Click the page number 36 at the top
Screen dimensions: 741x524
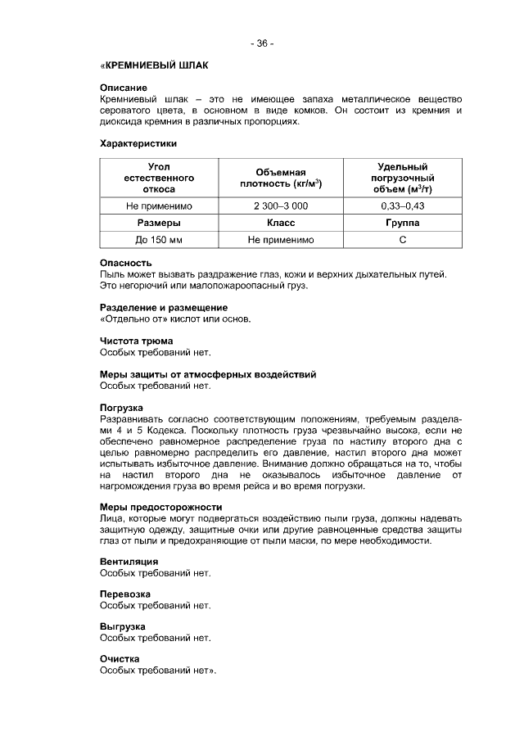(262, 43)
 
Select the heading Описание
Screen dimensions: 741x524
(123, 87)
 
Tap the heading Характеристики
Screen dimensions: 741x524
(138, 143)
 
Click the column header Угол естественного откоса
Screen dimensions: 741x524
(149, 178)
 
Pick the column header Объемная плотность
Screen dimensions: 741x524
(280, 178)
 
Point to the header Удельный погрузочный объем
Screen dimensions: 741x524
(402, 178)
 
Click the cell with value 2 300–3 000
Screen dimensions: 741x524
(280, 206)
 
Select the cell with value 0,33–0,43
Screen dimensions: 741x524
(402, 206)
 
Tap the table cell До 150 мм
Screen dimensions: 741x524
(149, 240)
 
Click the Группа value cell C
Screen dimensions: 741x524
(402, 240)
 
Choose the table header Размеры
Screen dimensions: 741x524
(149, 223)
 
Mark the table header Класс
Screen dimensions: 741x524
(280, 223)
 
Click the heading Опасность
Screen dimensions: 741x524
(125, 263)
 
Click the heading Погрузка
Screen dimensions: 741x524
(121, 407)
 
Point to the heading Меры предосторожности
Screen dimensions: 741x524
(160, 507)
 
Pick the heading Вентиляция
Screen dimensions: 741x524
(129, 562)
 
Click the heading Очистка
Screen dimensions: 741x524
(120, 659)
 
